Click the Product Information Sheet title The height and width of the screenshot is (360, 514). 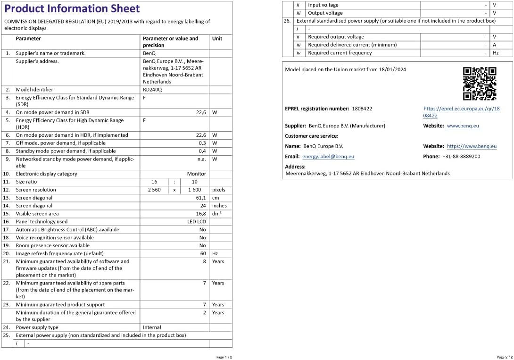72,8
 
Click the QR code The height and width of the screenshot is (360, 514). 479,84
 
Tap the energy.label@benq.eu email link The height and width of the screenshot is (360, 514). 328,157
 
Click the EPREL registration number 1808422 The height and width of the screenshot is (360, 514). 362,109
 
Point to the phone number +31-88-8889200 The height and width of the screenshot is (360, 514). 461,157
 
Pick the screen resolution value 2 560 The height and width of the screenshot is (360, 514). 154,190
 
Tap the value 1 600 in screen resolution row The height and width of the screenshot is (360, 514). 195,190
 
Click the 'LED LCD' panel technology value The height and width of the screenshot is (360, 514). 197,222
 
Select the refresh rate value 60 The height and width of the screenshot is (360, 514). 203,254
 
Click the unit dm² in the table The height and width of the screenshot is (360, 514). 217,214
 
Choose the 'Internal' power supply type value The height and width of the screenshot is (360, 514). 152,327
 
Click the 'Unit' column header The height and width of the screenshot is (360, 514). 217,39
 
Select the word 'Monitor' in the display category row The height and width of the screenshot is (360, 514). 197,174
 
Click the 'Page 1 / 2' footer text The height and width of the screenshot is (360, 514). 224,357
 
